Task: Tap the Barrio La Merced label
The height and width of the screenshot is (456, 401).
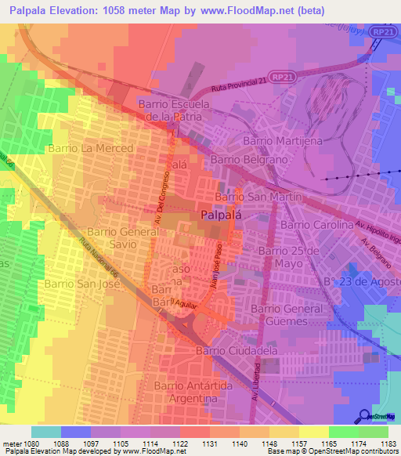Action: tap(91, 147)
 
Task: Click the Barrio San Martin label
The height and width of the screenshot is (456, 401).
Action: tap(258, 197)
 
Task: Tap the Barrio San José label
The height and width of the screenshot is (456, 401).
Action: tap(81, 284)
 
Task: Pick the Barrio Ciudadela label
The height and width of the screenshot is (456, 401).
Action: tap(237, 351)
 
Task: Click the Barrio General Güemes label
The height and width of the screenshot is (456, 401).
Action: tap(287, 315)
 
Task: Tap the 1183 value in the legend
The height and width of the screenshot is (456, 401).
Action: tap(388, 442)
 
